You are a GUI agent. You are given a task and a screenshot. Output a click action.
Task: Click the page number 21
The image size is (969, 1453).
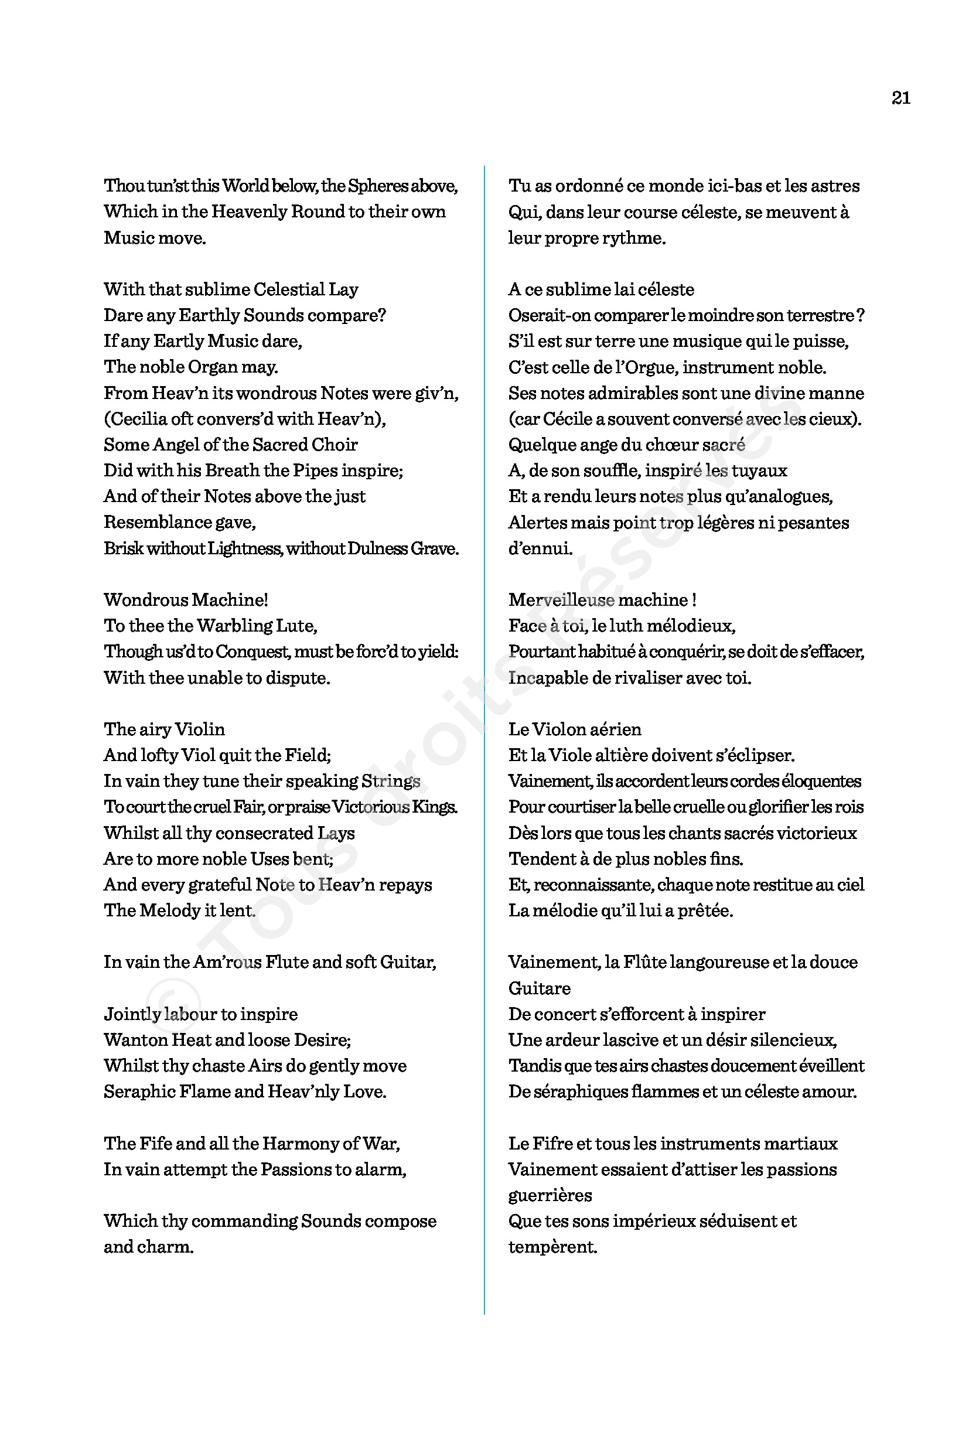tap(900, 98)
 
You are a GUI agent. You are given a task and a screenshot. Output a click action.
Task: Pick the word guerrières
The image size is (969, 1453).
tap(550, 1195)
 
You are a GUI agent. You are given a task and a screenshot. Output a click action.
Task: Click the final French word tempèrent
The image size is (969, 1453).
tap(552, 1247)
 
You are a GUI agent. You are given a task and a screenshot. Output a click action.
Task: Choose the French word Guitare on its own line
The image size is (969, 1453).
tap(540, 988)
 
